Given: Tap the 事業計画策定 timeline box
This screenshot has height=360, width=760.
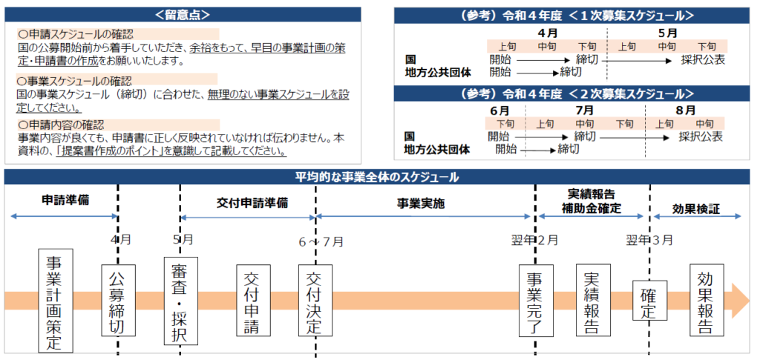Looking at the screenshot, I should [x=54, y=301].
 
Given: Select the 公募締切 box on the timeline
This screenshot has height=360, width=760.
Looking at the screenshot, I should [x=117, y=301].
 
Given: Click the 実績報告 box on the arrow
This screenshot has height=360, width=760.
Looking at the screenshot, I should [x=593, y=301].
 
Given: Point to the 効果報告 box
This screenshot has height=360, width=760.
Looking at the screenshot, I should [x=706, y=301].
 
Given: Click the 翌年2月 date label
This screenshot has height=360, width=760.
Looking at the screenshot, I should [x=535, y=241].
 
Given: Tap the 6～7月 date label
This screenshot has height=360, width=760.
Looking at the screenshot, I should [x=321, y=241].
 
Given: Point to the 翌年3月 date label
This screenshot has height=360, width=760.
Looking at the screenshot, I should [x=649, y=241].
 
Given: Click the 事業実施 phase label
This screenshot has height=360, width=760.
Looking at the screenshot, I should [x=420, y=203].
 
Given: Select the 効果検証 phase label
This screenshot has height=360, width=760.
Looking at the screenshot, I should [x=695, y=209].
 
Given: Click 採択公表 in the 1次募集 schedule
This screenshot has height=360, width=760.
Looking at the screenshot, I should [x=702, y=59].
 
